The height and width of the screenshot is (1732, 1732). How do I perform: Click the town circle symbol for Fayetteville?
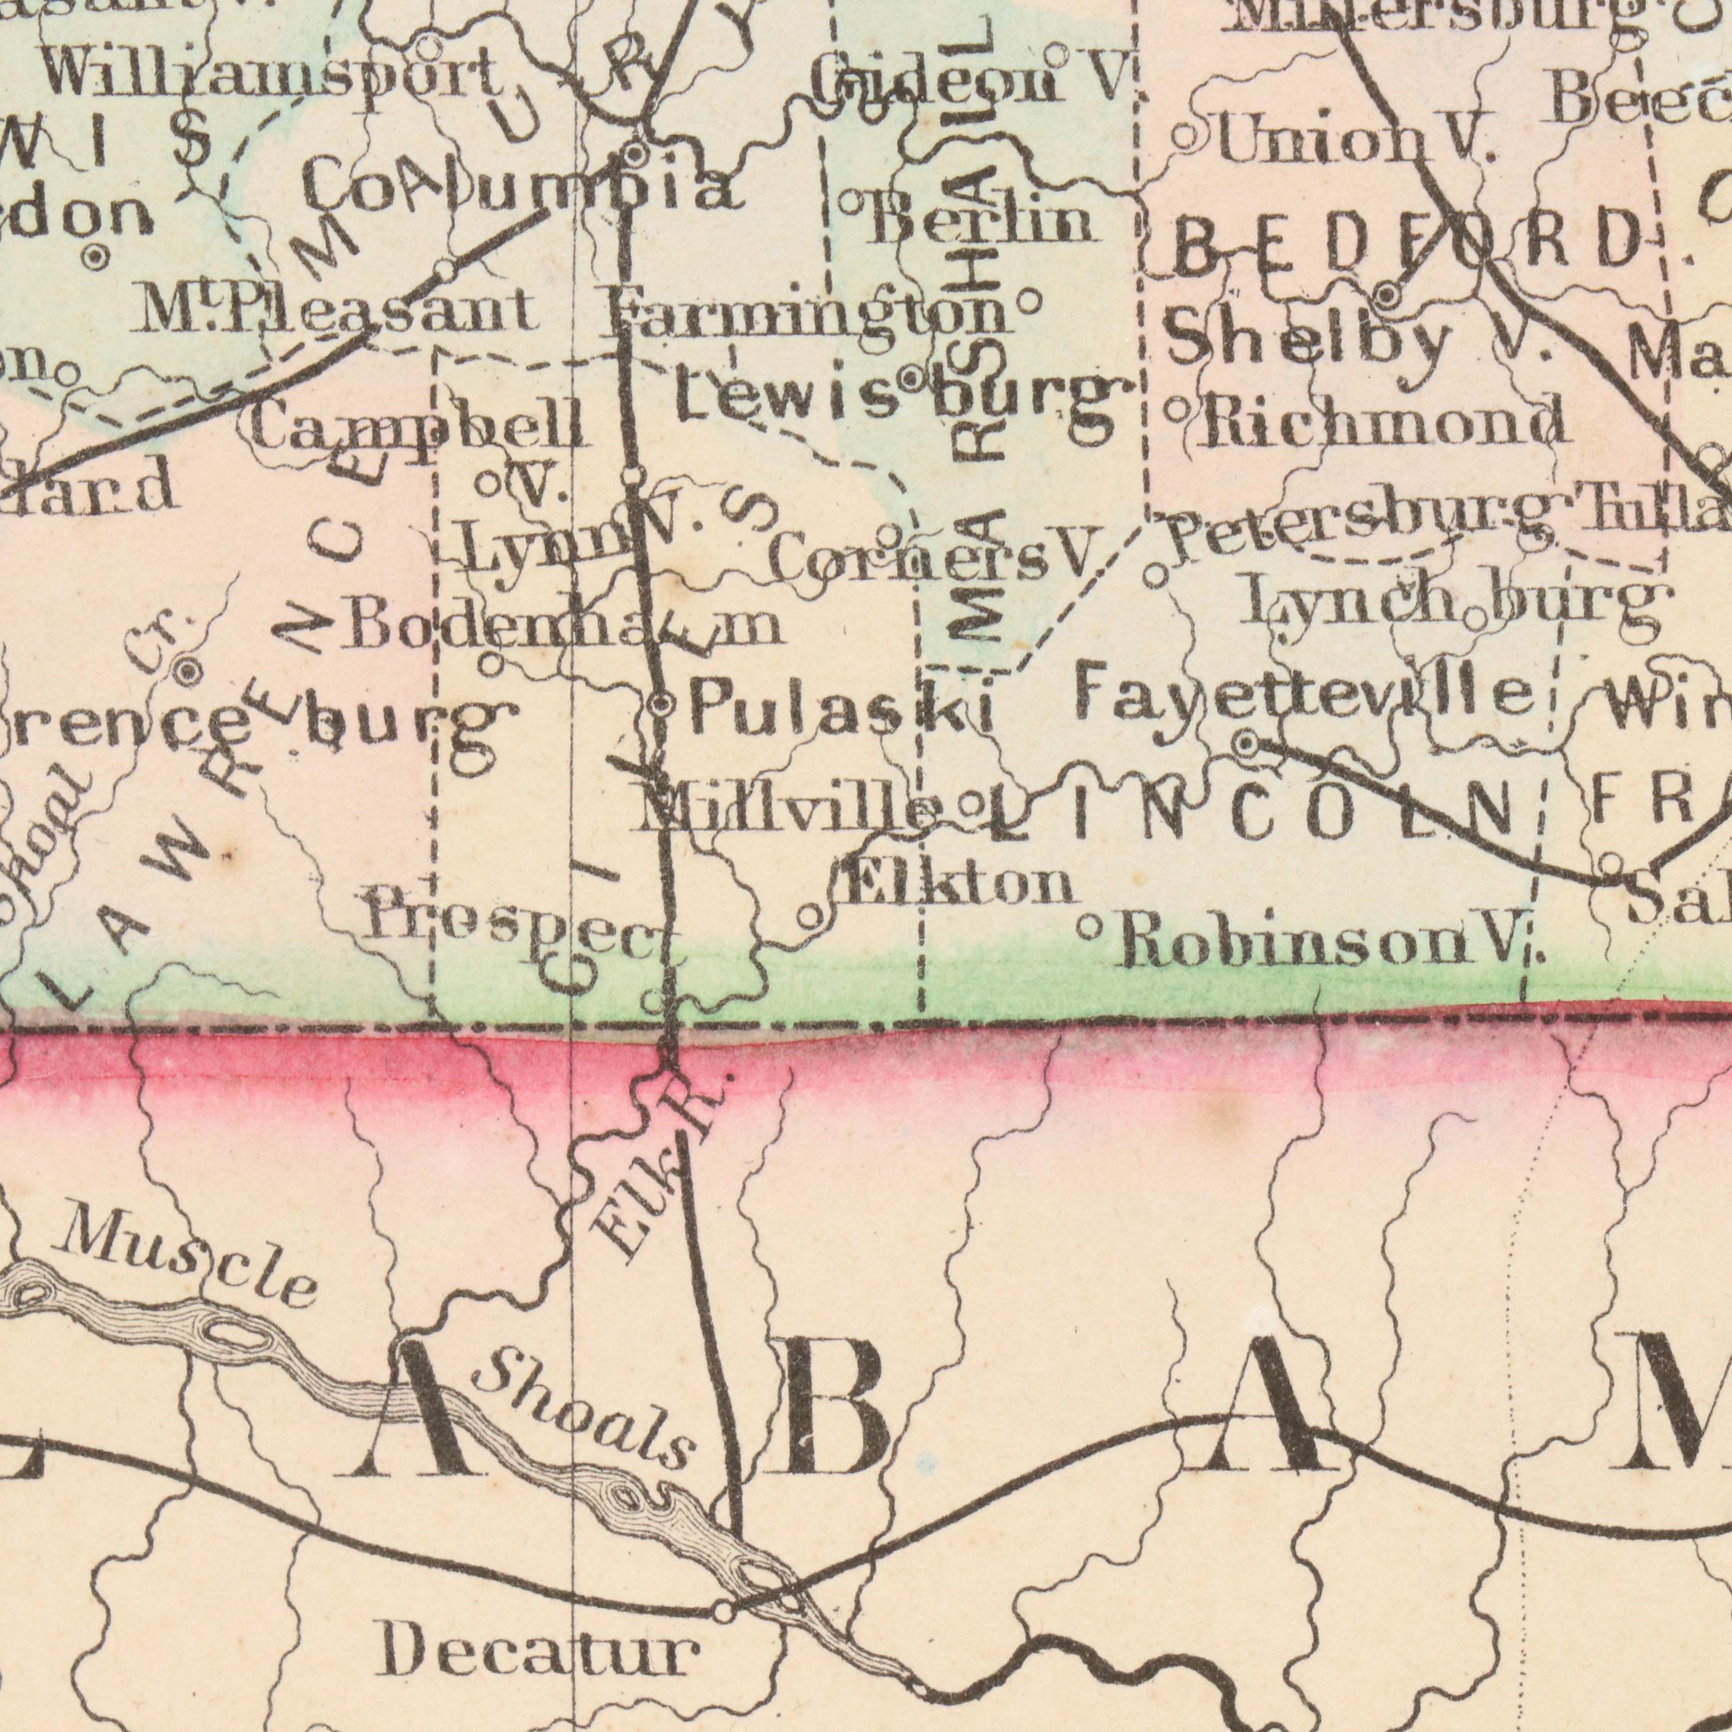coord(1246,743)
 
